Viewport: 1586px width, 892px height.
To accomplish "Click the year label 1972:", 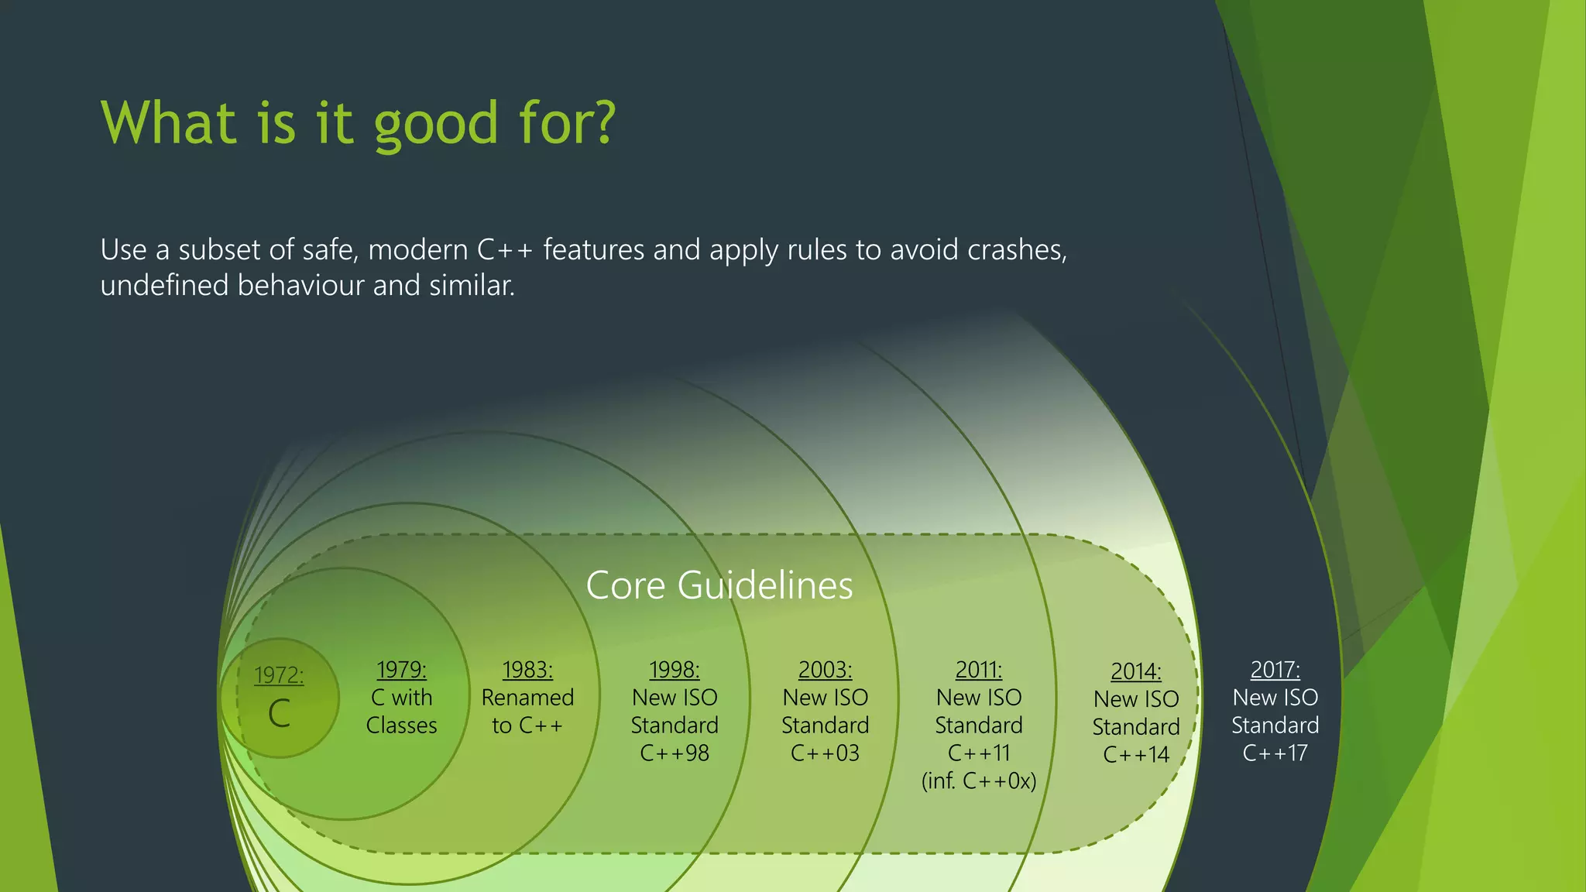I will (x=279, y=675).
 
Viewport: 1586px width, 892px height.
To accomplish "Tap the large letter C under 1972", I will (x=279, y=713).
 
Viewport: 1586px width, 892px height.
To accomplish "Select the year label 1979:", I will (x=401, y=670).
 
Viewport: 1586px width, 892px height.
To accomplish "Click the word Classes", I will (x=401, y=726).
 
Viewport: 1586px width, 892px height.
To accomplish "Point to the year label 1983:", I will (x=527, y=670).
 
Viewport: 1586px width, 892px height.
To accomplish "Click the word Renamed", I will (x=527, y=698).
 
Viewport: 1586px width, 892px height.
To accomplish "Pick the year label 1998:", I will (x=674, y=670).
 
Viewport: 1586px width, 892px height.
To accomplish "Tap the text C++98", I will (x=674, y=753).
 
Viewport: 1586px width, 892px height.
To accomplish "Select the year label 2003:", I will (x=825, y=670).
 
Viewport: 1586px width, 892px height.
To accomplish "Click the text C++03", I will (x=825, y=753).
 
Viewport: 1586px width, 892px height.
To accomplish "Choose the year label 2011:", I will (x=978, y=670).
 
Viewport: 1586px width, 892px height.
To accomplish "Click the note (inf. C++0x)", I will (x=978, y=781).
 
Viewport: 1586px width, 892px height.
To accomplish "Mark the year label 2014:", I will (x=1135, y=671).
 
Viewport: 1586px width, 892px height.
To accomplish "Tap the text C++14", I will (x=1135, y=755).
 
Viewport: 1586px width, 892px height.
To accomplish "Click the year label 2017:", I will (x=1275, y=670).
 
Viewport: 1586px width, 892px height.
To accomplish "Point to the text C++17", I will (x=1275, y=753).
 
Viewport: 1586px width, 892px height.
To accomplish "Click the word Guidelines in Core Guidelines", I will (x=764, y=585).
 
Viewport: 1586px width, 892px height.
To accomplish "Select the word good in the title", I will (x=436, y=124).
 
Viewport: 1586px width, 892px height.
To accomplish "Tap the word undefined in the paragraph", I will (x=164, y=286).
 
